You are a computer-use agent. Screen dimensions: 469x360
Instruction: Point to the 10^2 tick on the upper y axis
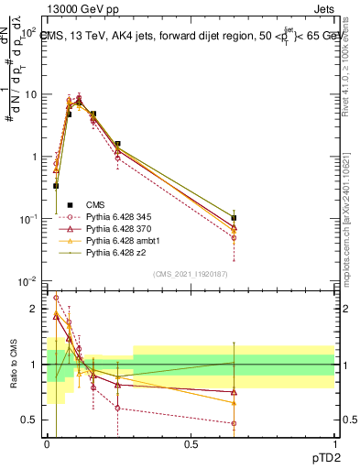[x=29, y=32]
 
